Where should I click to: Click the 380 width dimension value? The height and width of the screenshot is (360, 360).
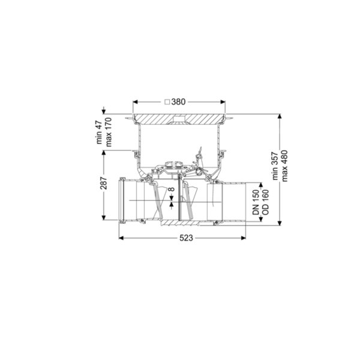(x=178, y=102)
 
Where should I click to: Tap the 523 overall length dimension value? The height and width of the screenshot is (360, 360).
(x=186, y=238)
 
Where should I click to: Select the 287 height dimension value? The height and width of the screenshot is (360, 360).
(x=104, y=183)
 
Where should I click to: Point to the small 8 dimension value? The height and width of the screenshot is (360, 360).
(x=172, y=190)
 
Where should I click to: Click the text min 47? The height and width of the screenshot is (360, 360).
(x=99, y=132)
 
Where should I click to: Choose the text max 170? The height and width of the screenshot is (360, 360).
(x=108, y=132)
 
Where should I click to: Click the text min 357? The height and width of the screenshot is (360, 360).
(x=275, y=166)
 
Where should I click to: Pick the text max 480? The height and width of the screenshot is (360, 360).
(x=284, y=166)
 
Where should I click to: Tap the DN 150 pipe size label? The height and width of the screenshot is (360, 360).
(x=256, y=202)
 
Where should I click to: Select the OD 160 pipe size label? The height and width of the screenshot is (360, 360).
(x=265, y=202)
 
